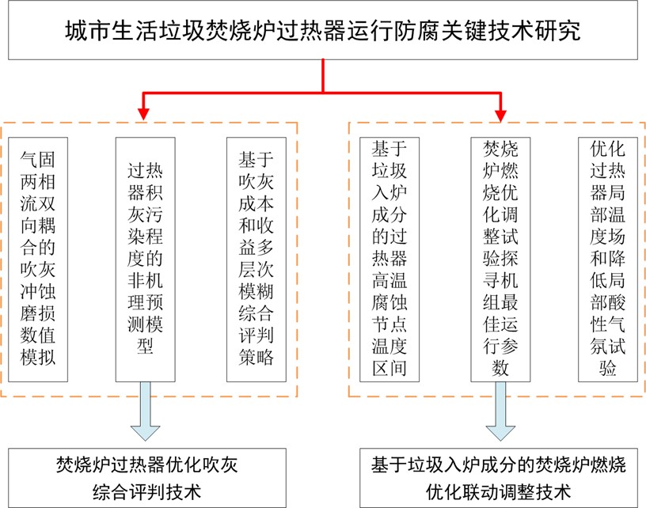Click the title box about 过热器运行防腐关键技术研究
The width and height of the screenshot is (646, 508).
point(323,32)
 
